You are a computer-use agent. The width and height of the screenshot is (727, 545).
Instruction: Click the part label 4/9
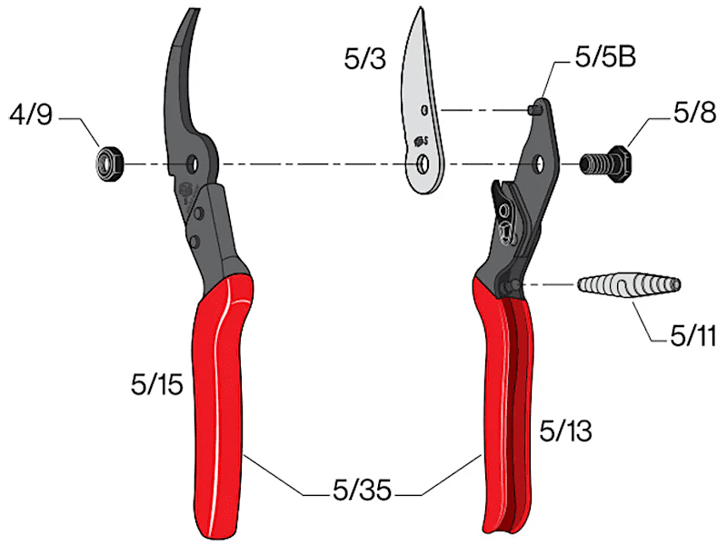pos(31,114)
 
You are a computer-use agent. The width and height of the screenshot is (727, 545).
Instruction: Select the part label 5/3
pos(365,59)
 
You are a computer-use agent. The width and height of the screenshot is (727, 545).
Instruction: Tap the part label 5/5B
pos(605,57)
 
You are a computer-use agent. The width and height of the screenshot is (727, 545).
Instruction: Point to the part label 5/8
pos(694,112)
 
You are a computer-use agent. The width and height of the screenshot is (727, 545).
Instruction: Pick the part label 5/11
pos(693,335)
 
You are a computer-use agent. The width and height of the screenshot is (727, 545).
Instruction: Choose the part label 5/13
pos(565,431)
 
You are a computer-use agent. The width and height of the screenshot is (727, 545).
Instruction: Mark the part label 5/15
pos(157,384)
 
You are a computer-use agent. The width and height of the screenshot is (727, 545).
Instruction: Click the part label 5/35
pos(362,490)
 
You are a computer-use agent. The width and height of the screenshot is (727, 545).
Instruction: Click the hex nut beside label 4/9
pos(109,163)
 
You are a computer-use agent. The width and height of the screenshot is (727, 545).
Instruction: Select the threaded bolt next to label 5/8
pos(605,164)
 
